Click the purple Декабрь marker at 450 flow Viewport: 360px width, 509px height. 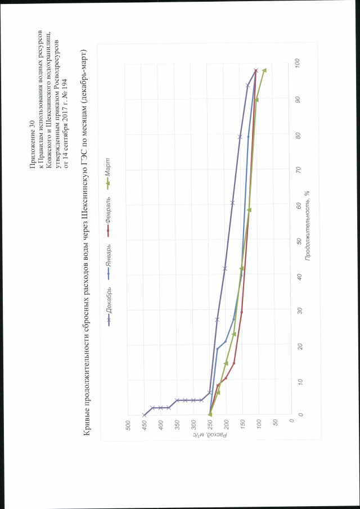tap(145, 415)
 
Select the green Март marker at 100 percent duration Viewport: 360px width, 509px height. tap(264, 70)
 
